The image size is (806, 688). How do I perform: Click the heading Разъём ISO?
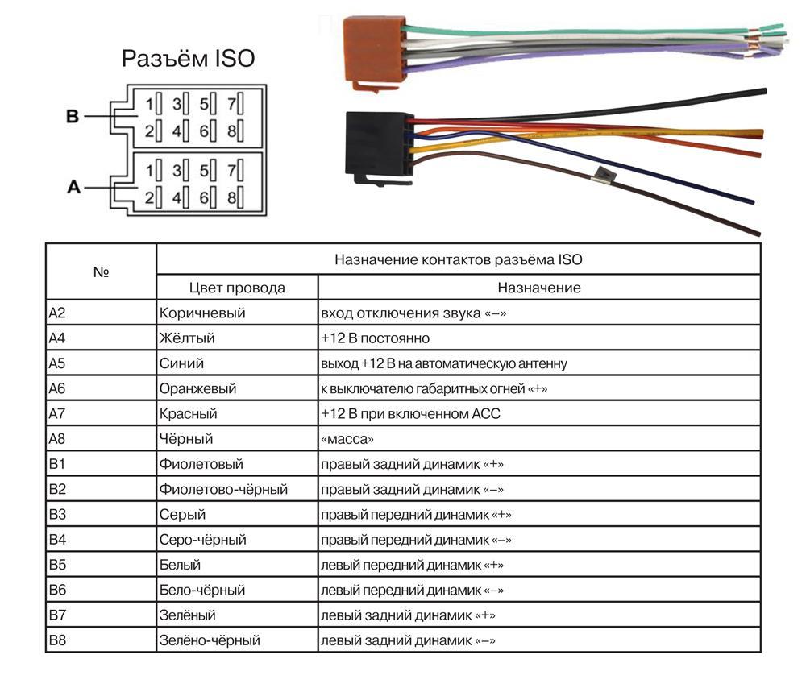[187, 59]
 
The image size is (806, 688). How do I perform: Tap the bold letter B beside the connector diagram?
[73, 117]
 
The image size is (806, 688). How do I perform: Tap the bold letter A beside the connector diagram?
[73, 187]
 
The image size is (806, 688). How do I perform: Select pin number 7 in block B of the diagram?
[231, 104]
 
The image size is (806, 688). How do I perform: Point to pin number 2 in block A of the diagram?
[149, 197]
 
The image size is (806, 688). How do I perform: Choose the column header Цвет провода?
[237, 288]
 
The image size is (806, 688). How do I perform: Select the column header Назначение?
[538, 288]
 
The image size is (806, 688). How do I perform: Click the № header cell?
[101, 272]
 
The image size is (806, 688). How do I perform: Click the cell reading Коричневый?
[202, 313]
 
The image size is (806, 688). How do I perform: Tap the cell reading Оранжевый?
[198, 388]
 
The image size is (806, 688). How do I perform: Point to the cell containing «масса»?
[348, 439]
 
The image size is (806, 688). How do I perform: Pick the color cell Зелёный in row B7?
[188, 615]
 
